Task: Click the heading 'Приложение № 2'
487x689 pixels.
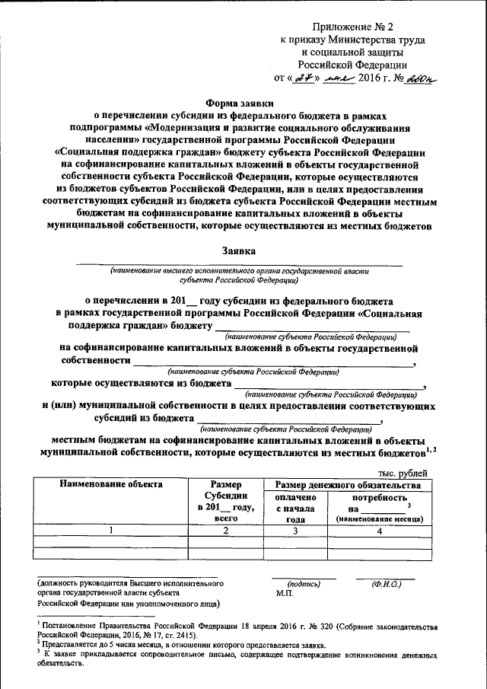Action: [x=355, y=24]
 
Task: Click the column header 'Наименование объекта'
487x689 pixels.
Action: [x=102, y=484]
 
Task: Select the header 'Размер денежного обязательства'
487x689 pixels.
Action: [x=348, y=484]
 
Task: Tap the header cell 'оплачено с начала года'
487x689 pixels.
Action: [x=290, y=508]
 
